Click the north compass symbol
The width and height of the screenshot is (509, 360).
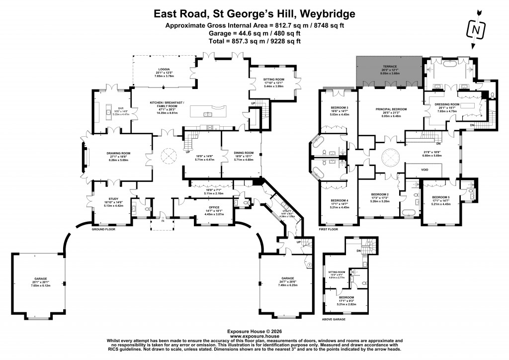(476, 30)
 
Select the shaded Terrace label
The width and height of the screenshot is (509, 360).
(390, 66)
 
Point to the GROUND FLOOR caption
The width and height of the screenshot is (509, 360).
(103, 230)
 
